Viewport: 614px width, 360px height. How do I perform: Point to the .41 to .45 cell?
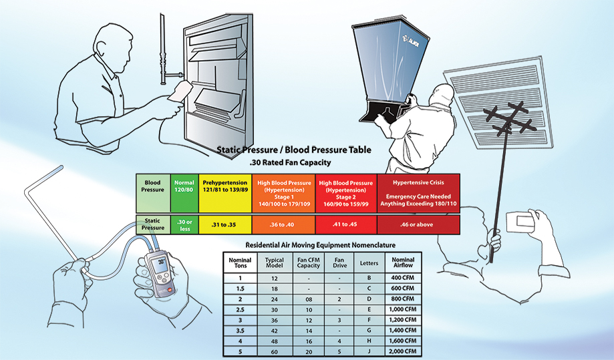[x=345, y=225]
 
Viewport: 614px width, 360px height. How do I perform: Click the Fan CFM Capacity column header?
[x=308, y=262]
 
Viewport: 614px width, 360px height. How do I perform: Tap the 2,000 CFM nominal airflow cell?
[x=403, y=351]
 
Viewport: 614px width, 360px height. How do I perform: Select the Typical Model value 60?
[x=274, y=351]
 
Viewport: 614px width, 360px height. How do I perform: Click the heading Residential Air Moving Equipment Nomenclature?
[x=320, y=244]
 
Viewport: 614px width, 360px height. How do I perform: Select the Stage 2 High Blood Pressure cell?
[x=345, y=192]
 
